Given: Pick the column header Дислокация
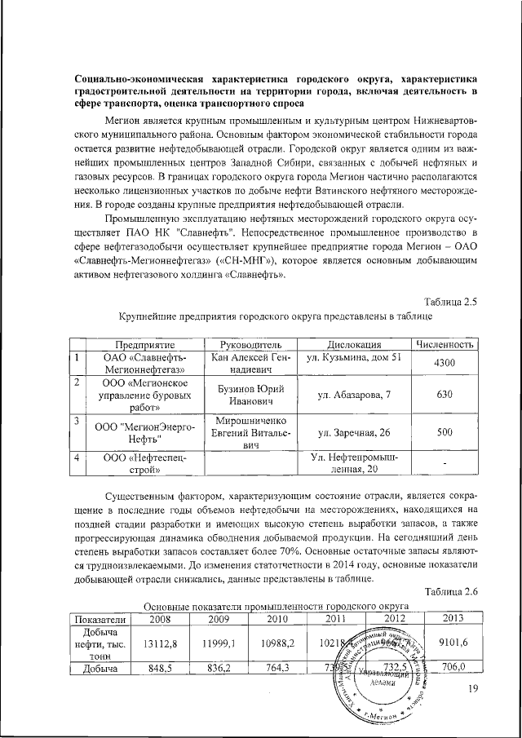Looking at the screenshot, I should click(x=355, y=345).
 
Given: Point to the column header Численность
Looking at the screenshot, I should click(x=445, y=345).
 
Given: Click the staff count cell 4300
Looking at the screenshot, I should click(x=445, y=363).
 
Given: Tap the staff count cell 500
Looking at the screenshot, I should click(x=445, y=432).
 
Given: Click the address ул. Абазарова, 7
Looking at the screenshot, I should click(x=355, y=395).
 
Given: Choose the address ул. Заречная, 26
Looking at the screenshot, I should click(x=355, y=432).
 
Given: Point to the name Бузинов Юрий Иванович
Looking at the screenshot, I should click(x=245, y=395).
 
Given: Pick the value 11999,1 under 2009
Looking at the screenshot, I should click(x=217, y=643).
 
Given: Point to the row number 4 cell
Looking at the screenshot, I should click(x=76, y=458).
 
